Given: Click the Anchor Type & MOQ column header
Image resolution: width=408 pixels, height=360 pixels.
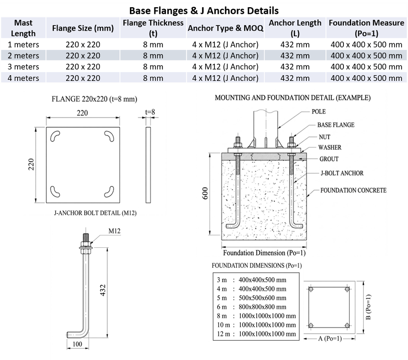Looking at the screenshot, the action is tap(226, 28).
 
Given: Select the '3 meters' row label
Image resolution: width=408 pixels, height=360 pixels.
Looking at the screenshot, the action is tap(24, 67).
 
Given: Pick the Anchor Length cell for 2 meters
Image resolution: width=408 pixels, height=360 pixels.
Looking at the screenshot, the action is tap(295, 56).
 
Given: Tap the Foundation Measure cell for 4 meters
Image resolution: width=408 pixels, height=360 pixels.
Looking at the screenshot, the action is tap(367, 78).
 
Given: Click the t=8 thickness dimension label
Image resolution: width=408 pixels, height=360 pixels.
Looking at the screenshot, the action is tap(150, 112).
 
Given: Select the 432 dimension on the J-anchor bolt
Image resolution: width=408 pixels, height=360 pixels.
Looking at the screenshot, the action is tap(103, 290).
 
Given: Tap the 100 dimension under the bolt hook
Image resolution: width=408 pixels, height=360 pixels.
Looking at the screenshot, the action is tap(77, 344).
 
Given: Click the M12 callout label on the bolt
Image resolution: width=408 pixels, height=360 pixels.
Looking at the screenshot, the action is tap(114, 231).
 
